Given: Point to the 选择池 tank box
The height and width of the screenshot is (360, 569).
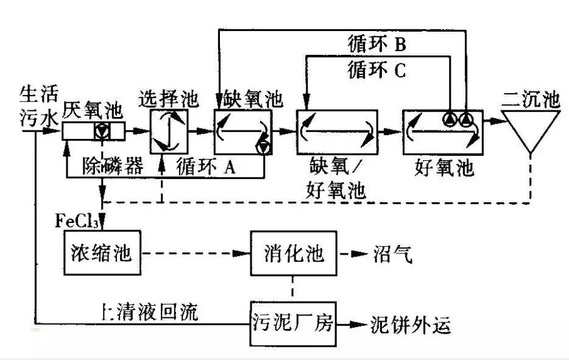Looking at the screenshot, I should click(166, 130).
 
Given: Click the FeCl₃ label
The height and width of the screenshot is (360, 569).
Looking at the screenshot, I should click(77, 220).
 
